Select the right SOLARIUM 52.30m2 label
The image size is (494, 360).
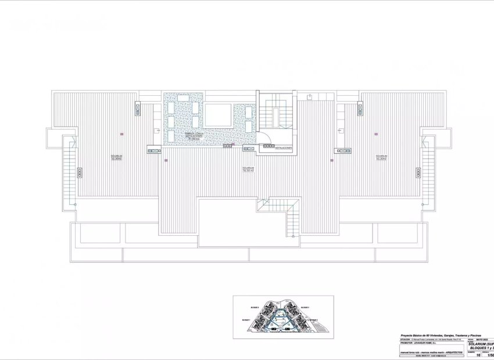pos(381,158)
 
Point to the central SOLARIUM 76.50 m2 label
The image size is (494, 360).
pos(249,170)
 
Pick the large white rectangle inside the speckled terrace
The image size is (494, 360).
pos(217,115)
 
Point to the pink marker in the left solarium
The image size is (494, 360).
pos(121,134)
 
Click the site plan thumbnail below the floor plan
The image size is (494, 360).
pos(283,317)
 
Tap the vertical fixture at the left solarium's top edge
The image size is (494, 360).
pos(139,109)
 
